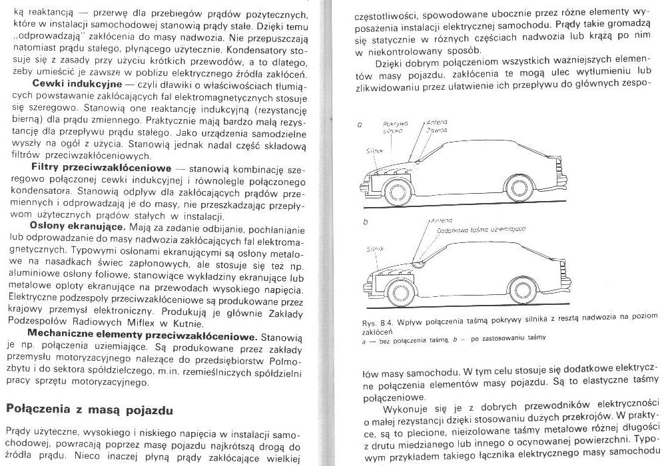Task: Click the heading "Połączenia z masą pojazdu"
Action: coord(89,409)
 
